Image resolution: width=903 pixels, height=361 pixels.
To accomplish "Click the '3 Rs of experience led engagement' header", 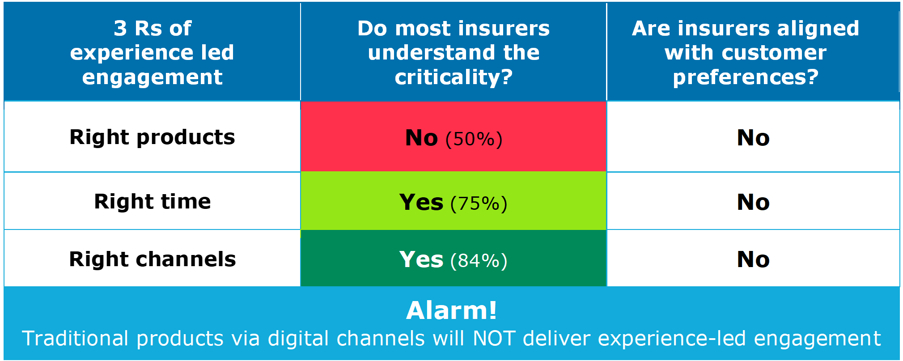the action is pyautogui.click(x=152, y=52).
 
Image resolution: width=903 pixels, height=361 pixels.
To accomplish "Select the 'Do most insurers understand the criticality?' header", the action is pyautogui.click(x=454, y=52).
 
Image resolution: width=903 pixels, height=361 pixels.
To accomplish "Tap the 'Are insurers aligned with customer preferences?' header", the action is pyautogui.click(x=746, y=52).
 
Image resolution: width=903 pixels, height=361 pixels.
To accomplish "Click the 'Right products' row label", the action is pyautogui.click(x=152, y=137).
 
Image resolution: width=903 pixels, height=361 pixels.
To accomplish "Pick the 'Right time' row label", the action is pyautogui.click(x=152, y=201).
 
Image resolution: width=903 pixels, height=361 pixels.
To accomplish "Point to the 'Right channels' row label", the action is pyautogui.click(x=152, y=259).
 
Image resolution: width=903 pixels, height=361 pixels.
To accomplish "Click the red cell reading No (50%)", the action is pyautogui.click(x=454, y=137).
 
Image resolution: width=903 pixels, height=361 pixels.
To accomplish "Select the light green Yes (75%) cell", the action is pyautogui.click(x=454, y=201).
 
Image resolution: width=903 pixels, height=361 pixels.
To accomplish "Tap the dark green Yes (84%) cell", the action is pyautogui.click(x=454, y=258).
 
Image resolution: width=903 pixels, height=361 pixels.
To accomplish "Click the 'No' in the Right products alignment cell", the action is pyautogui.click(x=753, y=138).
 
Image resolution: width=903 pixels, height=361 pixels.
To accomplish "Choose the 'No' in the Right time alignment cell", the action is pyautogui.click(x=753, y=202).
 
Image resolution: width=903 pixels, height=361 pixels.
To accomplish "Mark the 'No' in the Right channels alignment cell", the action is pyautogui.click(x=753, y=259).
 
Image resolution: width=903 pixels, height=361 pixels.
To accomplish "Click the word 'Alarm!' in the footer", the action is pyautogui.click(x=452, y=310).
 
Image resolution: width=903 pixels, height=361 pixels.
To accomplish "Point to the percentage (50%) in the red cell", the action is pyautogui.click(x=474, y=139).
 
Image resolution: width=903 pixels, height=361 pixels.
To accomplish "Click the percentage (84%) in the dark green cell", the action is pyautogui.click(x=479, y=261).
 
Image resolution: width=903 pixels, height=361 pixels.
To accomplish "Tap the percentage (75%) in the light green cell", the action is pyautogui.click(x=479, y=204).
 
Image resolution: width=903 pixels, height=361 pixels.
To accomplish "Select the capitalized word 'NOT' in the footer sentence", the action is pyautogui.click(x=494, y=339).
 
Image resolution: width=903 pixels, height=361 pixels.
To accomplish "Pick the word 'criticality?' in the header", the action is pyautogui.click(x=454, y=77).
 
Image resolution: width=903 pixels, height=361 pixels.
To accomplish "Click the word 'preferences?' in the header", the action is pyautogui.click(x=746, y=77).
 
